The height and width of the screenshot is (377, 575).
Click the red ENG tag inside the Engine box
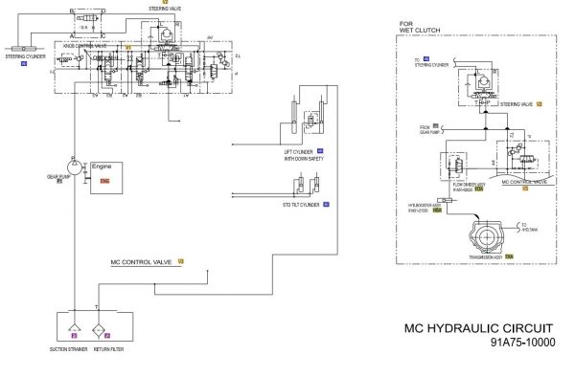(x=104, y=180)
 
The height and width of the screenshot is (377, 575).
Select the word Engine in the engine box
(x=102, y=166)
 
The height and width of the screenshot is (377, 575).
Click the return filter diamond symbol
(x=103, y=322)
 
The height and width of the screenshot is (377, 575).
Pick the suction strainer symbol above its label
(x=73, y=322)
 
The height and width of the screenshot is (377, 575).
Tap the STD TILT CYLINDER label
(x=300, y=205)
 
